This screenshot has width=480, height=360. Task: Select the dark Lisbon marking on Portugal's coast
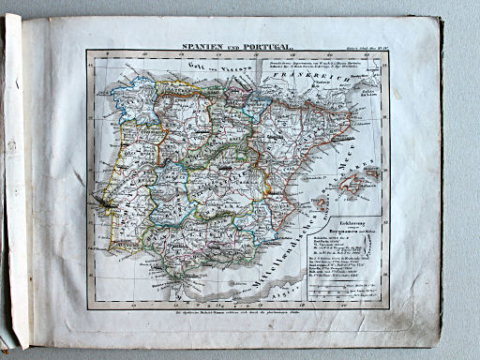pyautogui.click(x=100, y=200)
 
